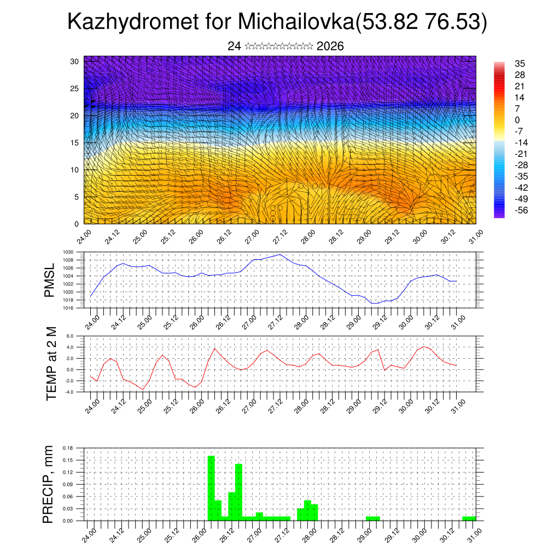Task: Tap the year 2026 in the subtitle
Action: [330, 46]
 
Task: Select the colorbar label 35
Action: [520, 63]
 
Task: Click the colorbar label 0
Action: [517, 120]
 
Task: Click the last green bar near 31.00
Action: [469, 518]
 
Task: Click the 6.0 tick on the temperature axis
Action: [70, 337]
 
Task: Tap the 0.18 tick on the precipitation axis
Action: [68, 448]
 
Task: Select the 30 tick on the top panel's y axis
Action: [74, 61]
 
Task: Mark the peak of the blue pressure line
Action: [280, 254]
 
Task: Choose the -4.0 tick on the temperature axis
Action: [69, 392]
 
